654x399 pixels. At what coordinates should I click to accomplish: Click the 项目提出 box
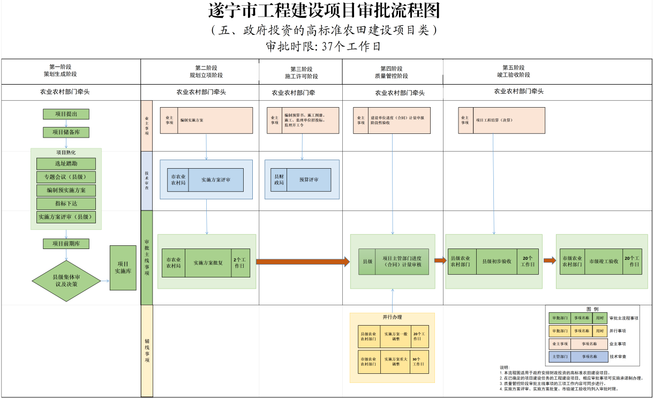pos(66,114)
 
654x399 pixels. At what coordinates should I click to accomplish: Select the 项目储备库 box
pos(66,132)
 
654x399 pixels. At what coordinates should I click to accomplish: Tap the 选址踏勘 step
pos(66,163)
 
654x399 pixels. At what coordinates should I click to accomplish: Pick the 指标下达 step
pos(66,204)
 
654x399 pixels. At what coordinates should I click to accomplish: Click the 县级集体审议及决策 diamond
pos(66,281)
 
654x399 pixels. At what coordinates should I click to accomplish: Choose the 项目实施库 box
pos(123,268)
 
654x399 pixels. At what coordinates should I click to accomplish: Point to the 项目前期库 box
pos(66,244)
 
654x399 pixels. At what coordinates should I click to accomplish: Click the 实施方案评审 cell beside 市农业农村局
pos(216,180)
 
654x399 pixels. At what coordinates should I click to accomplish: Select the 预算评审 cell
pos(309,180)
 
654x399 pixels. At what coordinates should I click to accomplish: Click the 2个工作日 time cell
pos(240,263)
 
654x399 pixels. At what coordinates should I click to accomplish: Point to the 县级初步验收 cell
pos(496,261)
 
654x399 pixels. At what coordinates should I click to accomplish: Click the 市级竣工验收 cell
pos(604,261)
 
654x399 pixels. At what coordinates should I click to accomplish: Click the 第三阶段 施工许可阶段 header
pos(301,72)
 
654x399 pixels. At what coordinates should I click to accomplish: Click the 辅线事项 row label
pos(147,351)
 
